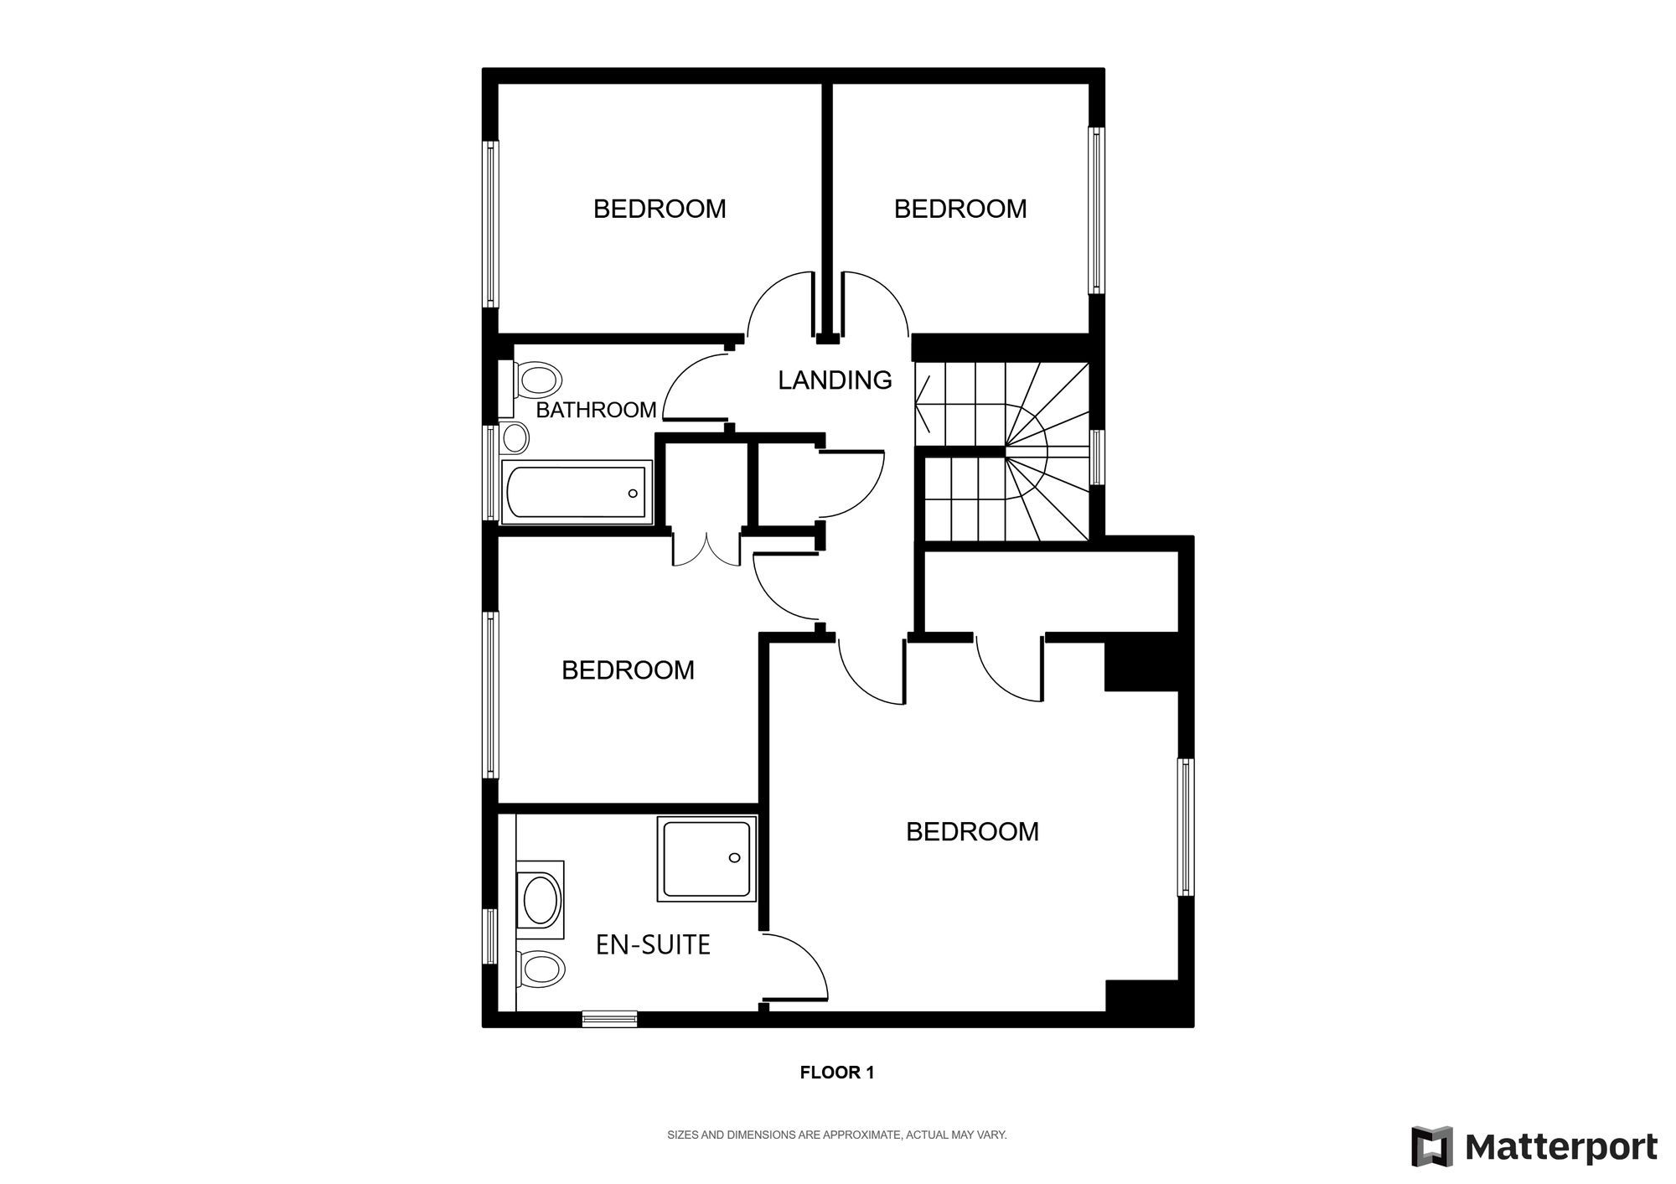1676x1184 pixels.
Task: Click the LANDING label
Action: point(835,380)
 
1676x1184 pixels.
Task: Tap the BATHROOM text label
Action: point(596,411)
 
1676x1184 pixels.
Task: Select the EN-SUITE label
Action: point(653,945)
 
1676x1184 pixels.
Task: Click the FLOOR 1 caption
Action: point(837,1073)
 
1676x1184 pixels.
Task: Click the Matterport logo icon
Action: point(1430,1146)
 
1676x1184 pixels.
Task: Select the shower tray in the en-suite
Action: point(706,860)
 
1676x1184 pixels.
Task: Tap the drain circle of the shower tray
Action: point(735,858)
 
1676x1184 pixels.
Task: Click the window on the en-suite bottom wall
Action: point(609,1019)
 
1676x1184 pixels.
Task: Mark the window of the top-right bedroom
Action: point(1095,209)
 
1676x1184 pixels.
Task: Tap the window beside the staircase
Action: point(1096,457)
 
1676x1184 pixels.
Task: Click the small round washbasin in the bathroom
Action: point(515,437)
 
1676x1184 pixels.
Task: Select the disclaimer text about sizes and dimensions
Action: point(836,1135)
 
